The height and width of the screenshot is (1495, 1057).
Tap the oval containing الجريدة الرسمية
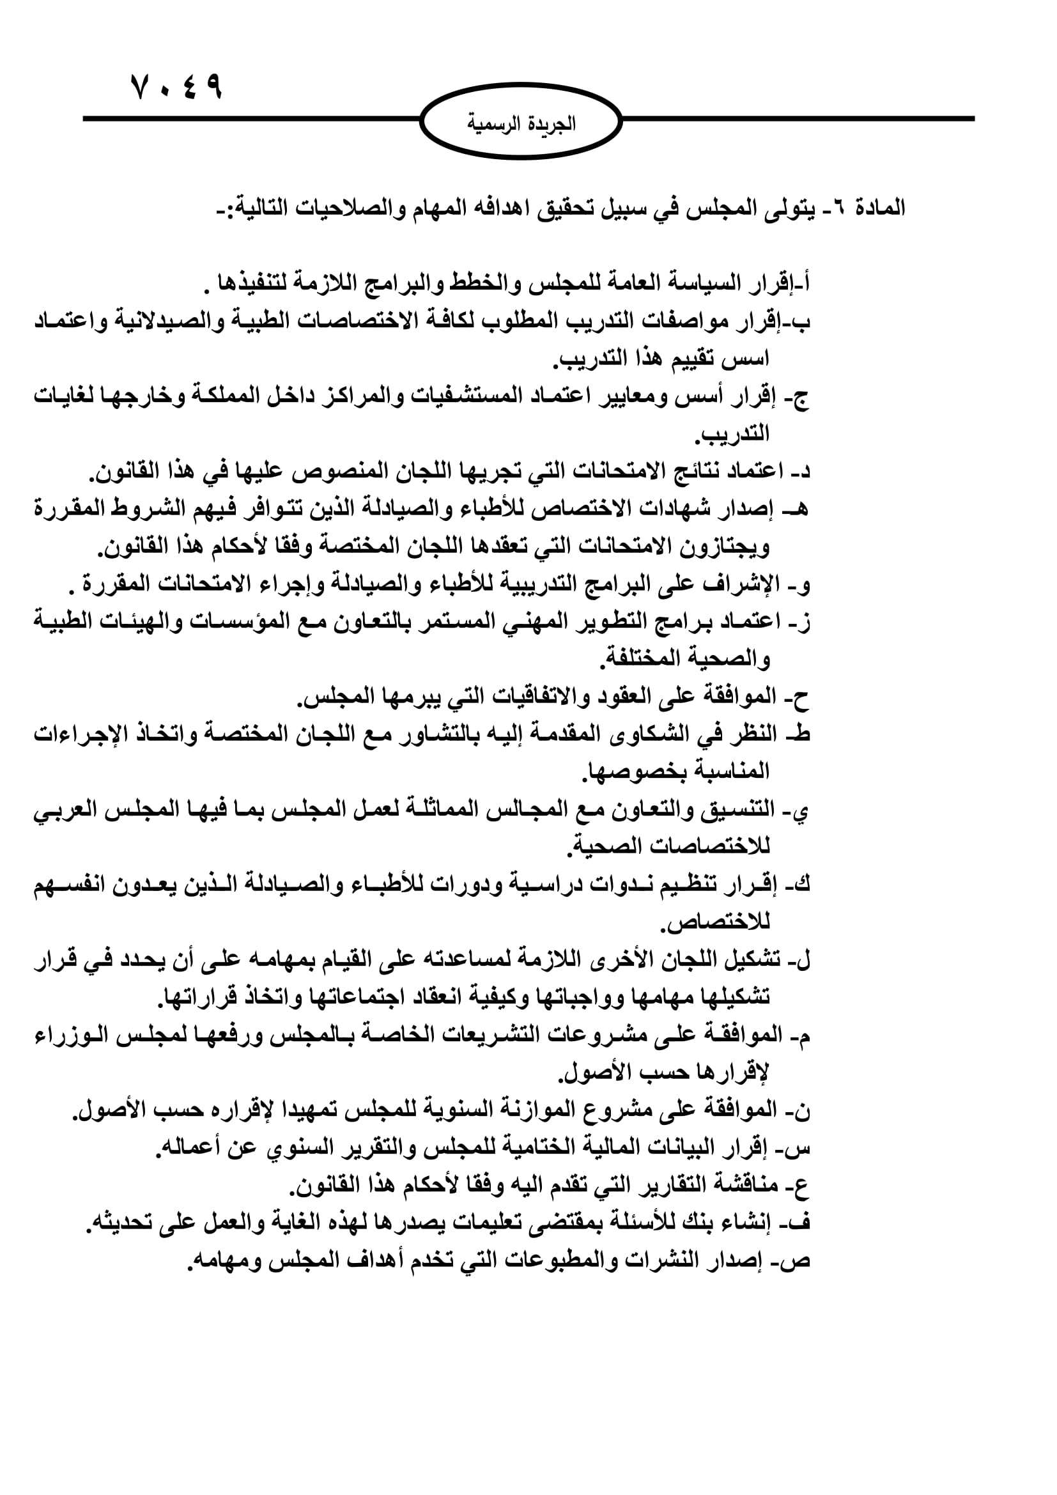(x=521, y=122)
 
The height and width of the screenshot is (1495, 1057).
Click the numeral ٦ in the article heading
(x=840, y=208)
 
